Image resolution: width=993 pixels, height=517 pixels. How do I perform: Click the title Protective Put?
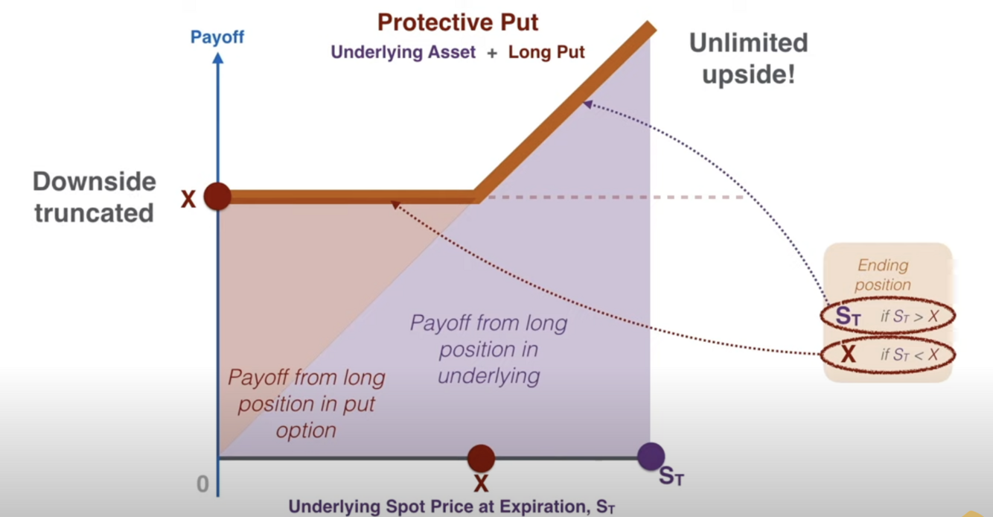457,22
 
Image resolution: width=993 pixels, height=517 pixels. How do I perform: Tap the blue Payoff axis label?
217,37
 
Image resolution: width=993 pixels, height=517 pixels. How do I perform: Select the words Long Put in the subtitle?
546,52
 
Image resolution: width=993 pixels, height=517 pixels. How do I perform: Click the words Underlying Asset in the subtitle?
403,52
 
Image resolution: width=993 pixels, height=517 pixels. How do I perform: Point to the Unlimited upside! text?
748,58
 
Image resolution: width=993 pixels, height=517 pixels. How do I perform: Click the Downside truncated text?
94,197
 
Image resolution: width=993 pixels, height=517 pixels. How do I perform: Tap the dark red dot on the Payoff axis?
217,197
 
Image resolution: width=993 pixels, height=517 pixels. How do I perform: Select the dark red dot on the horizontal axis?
481,458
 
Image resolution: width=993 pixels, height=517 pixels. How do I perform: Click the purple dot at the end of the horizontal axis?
651,456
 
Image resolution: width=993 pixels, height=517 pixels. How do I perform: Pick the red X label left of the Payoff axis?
188,199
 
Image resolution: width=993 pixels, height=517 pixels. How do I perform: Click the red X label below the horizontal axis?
481,484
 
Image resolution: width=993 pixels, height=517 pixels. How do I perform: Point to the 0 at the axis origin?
202,484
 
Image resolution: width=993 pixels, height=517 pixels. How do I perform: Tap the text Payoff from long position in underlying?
488,349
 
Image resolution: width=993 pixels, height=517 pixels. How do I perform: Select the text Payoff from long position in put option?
306,404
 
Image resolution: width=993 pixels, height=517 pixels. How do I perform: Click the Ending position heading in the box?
883,274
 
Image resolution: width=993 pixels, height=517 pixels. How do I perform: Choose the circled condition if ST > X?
909,316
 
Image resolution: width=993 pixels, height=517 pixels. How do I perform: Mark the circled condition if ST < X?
909,355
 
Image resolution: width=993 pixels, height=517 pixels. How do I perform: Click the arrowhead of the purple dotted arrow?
587,104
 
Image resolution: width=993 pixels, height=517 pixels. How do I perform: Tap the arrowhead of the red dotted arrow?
395,203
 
